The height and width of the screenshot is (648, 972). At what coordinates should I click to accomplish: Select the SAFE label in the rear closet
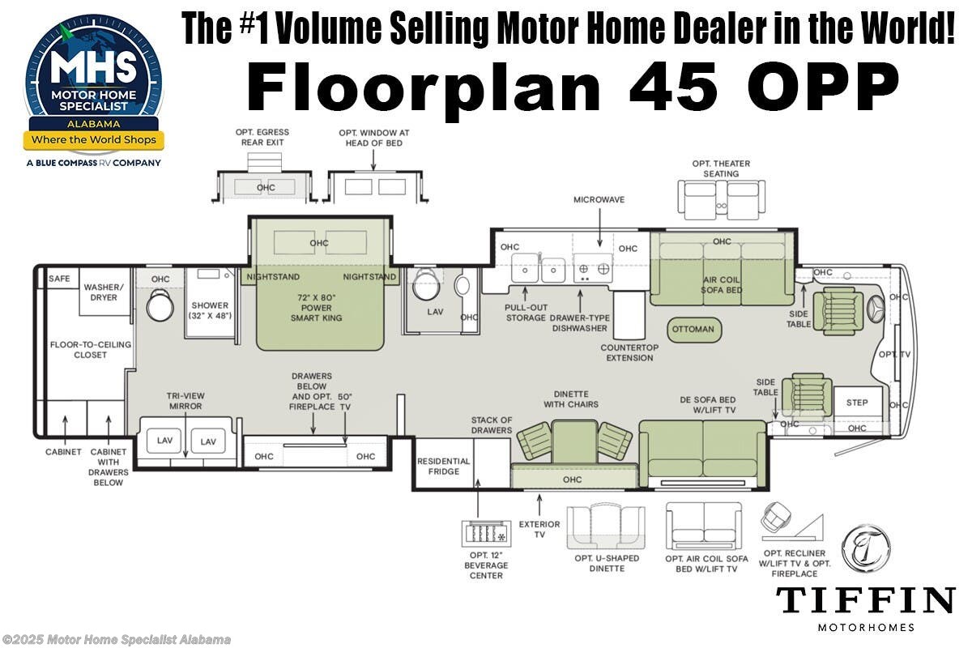click(59, 279)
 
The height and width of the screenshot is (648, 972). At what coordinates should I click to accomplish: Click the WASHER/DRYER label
click(104, 292)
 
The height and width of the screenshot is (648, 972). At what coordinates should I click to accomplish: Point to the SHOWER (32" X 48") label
click(211, 310)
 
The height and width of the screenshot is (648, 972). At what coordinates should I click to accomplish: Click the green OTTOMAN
click(693, 329)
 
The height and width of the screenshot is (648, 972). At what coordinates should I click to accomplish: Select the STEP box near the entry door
click(857, 403)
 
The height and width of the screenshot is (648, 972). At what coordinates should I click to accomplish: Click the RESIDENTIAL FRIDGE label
click(443, 467)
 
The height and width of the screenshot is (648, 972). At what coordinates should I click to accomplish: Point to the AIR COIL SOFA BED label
click(722, 285)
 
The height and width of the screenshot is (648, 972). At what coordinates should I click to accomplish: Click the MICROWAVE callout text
click(599, 199)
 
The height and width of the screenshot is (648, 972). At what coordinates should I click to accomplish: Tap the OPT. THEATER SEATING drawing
click(720, 199)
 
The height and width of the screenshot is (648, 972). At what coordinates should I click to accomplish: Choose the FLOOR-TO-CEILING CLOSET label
click(90, 349)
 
